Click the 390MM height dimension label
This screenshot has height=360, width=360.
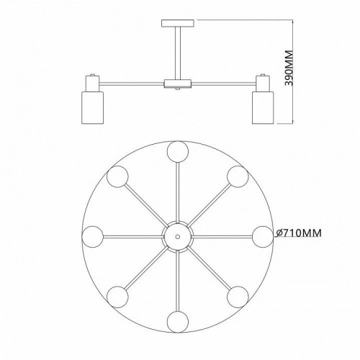[289, 68]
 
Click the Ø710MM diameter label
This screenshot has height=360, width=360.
[299, 233]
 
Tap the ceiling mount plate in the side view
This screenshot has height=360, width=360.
[178, 23]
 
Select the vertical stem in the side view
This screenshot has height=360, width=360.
[178, 53]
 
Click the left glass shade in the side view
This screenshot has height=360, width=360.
[93, 107]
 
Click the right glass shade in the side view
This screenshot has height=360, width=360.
[263, 107]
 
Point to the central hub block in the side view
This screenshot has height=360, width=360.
[178, 84]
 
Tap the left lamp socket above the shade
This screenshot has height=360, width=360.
[93, 84]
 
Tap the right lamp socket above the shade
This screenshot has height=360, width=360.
[263, 84]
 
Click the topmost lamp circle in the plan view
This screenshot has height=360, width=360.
[178, 152]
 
